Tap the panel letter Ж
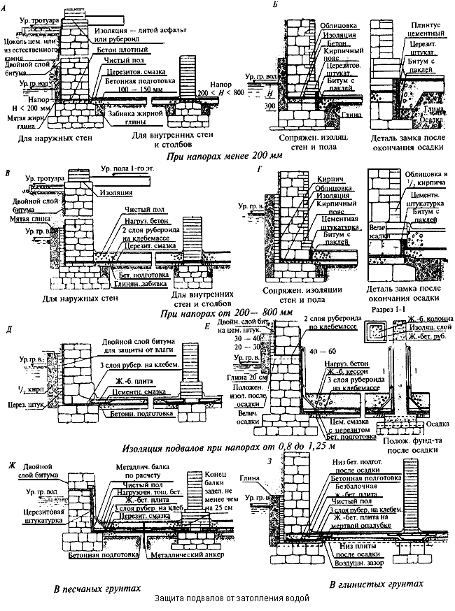coord(10,465)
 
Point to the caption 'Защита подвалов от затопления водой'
coord(229,598)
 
